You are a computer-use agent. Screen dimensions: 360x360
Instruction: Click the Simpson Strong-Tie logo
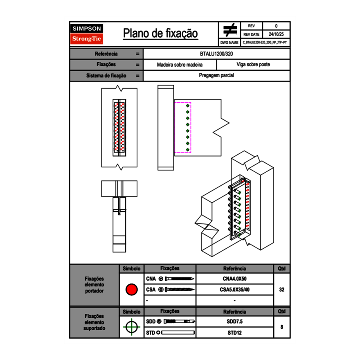point(87,34)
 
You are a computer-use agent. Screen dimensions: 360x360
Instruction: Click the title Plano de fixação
point(160,34)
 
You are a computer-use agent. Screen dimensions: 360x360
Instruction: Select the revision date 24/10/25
point(276,34)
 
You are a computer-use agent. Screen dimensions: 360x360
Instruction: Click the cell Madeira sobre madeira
point(180,65)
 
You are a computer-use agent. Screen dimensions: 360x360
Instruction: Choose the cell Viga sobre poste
point(253,65)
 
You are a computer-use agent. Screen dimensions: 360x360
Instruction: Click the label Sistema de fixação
point(106,76)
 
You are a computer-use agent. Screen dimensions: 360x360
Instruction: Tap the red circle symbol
point(131,290)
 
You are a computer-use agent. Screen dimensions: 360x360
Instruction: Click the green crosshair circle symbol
point(131,327)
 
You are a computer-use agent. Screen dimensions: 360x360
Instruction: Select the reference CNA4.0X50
point(234,279)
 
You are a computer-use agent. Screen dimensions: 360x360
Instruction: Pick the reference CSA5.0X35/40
point(234,290)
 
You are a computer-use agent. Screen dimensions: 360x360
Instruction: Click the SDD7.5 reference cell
point(234,322)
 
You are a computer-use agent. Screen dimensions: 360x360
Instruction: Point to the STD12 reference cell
point(234,333)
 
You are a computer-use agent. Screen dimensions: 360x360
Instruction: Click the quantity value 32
point(281,290)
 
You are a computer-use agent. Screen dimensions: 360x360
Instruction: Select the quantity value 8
point(281,327)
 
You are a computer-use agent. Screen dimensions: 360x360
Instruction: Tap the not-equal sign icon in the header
point(230,30)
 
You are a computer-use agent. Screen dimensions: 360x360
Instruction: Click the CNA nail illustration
point(180,279)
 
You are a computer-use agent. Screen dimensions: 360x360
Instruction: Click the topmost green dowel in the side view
point(188,106)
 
